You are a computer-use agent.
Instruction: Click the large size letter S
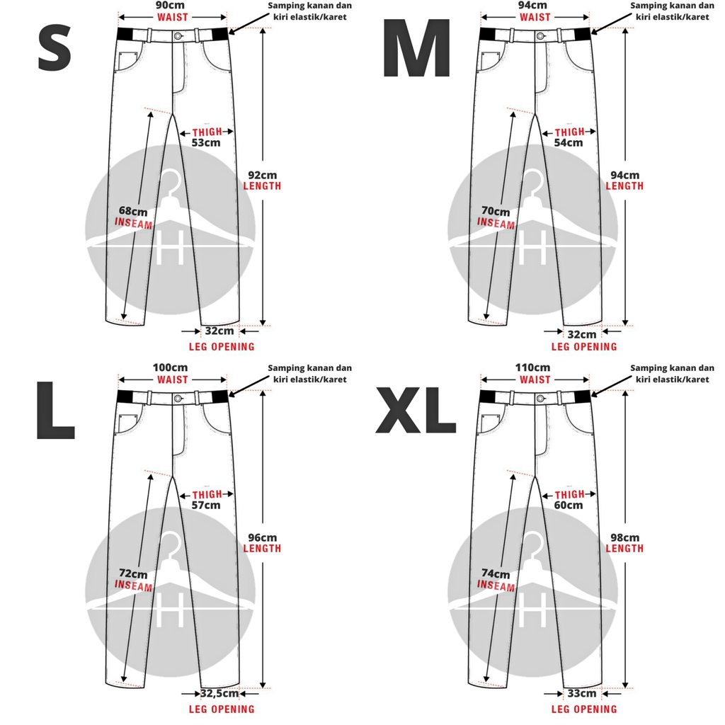tap(55, 50)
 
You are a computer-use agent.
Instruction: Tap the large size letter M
tap(416, 50)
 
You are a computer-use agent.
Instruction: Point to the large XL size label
tap(416, 412)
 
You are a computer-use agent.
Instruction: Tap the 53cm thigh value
tap(206, 142)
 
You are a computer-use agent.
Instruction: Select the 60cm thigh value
tap(569, 505)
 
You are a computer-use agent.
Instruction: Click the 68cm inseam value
tap(133, 211)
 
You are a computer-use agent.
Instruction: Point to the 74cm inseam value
tap(496, 574)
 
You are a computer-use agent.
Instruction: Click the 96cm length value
tap(261, 537)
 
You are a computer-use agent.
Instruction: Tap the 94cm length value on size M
tap(624, 175)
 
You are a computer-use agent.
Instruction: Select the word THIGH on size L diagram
tap(207, 494)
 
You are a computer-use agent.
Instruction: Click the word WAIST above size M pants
tap(535, 17)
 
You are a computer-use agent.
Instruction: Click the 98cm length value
tap(624, 537)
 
